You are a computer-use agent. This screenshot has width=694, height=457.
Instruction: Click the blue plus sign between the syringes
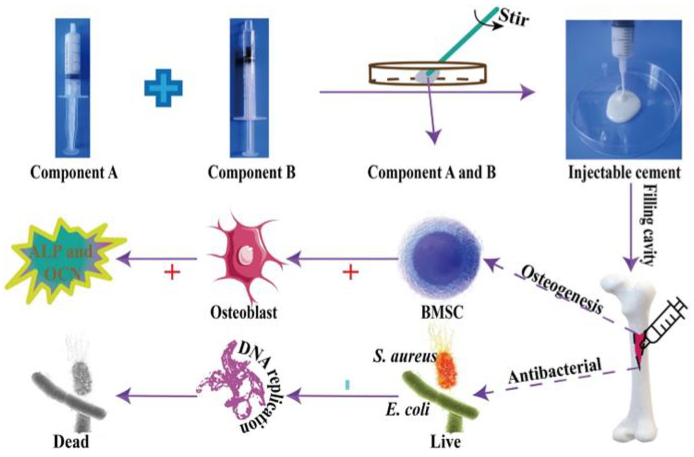click(x=163, y=88)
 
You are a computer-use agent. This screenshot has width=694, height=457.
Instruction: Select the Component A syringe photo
click(x=72, y=88)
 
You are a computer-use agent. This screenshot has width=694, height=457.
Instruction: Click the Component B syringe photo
click(x=249, y=88)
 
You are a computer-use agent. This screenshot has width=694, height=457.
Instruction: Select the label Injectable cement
click(x=624, y=172)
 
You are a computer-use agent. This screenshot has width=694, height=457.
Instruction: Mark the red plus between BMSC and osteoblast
click(x=350, y=273)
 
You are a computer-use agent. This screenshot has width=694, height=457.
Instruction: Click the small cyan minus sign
click(x=347, y=385)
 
